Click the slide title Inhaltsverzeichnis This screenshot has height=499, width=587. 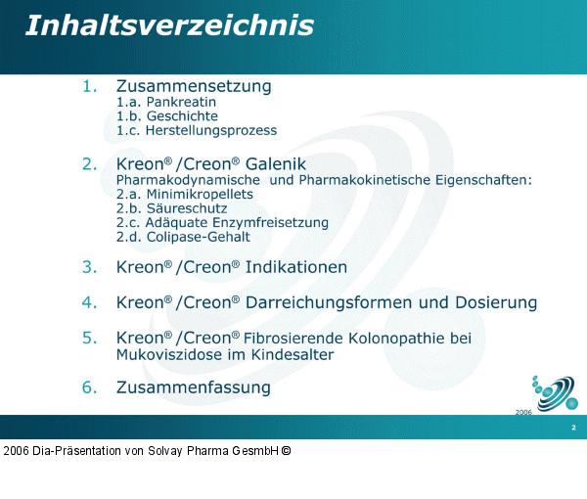tap(169, 25)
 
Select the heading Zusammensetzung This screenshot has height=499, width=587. tap(194, 86)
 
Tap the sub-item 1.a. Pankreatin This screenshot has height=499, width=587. tap(166, 102)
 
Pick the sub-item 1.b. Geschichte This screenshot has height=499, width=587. tap(167, 115)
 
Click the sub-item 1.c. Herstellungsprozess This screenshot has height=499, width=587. tap(197, 130)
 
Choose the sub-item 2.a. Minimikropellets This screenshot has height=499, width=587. tap(185, 194)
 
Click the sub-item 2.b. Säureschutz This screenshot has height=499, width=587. tap(172, 208)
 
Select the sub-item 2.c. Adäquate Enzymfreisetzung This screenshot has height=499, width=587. tap(222, 222)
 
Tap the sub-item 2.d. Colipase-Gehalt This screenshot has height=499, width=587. tap(183, 237)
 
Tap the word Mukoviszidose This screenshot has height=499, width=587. tap(163, 354)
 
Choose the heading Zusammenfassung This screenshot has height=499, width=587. tap(194, 387)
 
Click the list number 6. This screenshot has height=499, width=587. tap(89, 387)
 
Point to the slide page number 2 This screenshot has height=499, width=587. tap(573, 429)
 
